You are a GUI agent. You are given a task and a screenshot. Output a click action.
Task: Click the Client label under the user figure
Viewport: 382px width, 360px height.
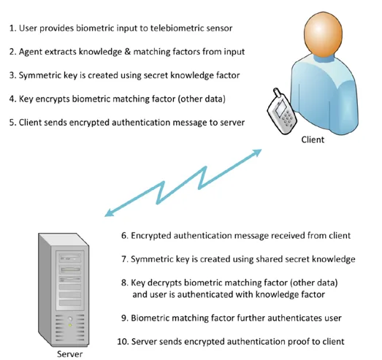(x=313, y=139)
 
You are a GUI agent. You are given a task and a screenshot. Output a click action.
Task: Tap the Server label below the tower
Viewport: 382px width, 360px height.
(x=69, y=353)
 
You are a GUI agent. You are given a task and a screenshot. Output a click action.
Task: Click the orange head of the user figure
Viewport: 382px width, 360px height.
(x=323, y=34)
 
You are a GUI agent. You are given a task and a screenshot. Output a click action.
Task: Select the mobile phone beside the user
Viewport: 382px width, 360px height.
(x=281, y=112)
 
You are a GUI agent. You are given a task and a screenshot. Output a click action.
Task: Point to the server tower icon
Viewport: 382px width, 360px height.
(x=64, y=290)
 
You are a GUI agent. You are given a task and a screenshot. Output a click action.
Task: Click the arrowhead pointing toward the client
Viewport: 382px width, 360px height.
(x=257, y=153)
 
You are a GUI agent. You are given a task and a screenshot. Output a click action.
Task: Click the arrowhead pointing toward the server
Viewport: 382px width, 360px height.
(x=109, y=212)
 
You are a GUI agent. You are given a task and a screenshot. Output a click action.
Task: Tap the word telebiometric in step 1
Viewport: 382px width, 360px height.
(x=176, y=28)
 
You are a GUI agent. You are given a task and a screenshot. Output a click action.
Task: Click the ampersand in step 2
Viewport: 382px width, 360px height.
(x=127, y=52)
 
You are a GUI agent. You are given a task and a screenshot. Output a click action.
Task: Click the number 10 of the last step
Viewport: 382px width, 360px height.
(x=123, y=342)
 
